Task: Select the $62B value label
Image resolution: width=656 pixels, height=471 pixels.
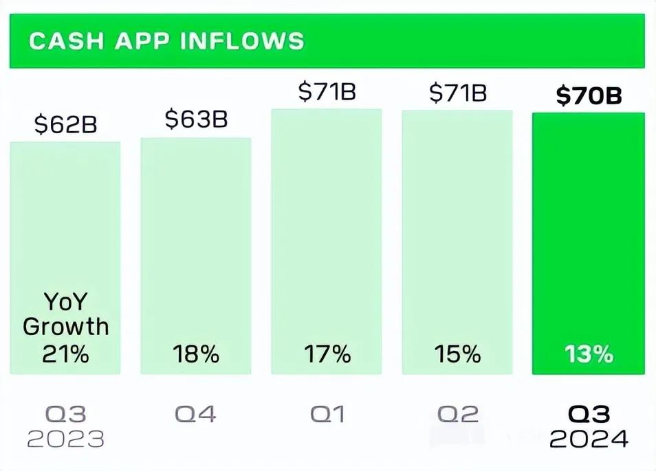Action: coord(65,126)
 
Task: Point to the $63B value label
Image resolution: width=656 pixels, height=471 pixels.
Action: coord(196,119)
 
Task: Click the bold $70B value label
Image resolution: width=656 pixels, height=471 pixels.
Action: coord(589,96)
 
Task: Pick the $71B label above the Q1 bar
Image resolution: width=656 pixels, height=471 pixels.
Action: coord(327,92)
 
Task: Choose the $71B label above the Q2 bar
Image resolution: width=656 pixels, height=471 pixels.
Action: coord(457,92)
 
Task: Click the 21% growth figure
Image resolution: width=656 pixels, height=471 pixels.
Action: coord(65,354)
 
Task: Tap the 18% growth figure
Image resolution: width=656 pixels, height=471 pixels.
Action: coord(196,354)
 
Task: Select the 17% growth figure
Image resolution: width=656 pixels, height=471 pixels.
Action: coord(327,354)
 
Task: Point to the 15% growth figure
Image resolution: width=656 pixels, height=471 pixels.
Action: coord(457,354)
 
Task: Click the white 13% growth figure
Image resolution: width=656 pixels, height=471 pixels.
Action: coord(589,354)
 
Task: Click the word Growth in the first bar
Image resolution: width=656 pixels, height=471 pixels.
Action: coord(65,326)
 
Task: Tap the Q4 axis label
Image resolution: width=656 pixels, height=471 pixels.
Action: coord(196,414)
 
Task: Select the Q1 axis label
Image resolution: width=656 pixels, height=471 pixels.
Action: coord(327,414)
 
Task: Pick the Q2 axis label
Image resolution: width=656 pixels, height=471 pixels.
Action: coord(457,414)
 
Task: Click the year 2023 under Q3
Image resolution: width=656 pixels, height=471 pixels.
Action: coord(65,439)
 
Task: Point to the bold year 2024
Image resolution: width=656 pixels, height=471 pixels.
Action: coord(589,439)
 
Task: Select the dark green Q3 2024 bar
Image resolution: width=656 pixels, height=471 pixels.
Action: coord(589,240)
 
